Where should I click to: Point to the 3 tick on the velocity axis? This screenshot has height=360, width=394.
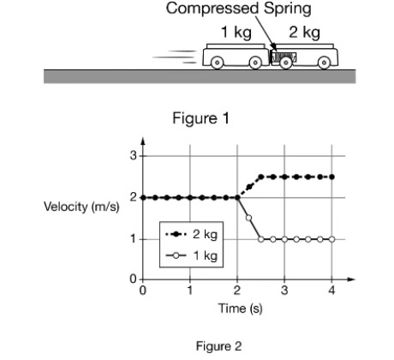[133, 156]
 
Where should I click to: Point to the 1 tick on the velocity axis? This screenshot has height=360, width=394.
[133, 238]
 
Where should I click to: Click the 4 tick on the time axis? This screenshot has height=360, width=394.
[332, 291]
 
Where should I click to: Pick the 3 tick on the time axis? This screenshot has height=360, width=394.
[284, 291]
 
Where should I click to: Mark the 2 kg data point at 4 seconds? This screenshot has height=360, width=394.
[332, 177]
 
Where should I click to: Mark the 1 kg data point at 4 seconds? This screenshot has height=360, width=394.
[332, 238]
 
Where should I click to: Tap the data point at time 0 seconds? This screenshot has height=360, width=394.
[143, 197]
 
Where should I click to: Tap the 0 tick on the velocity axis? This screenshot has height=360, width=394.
[133, 280]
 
